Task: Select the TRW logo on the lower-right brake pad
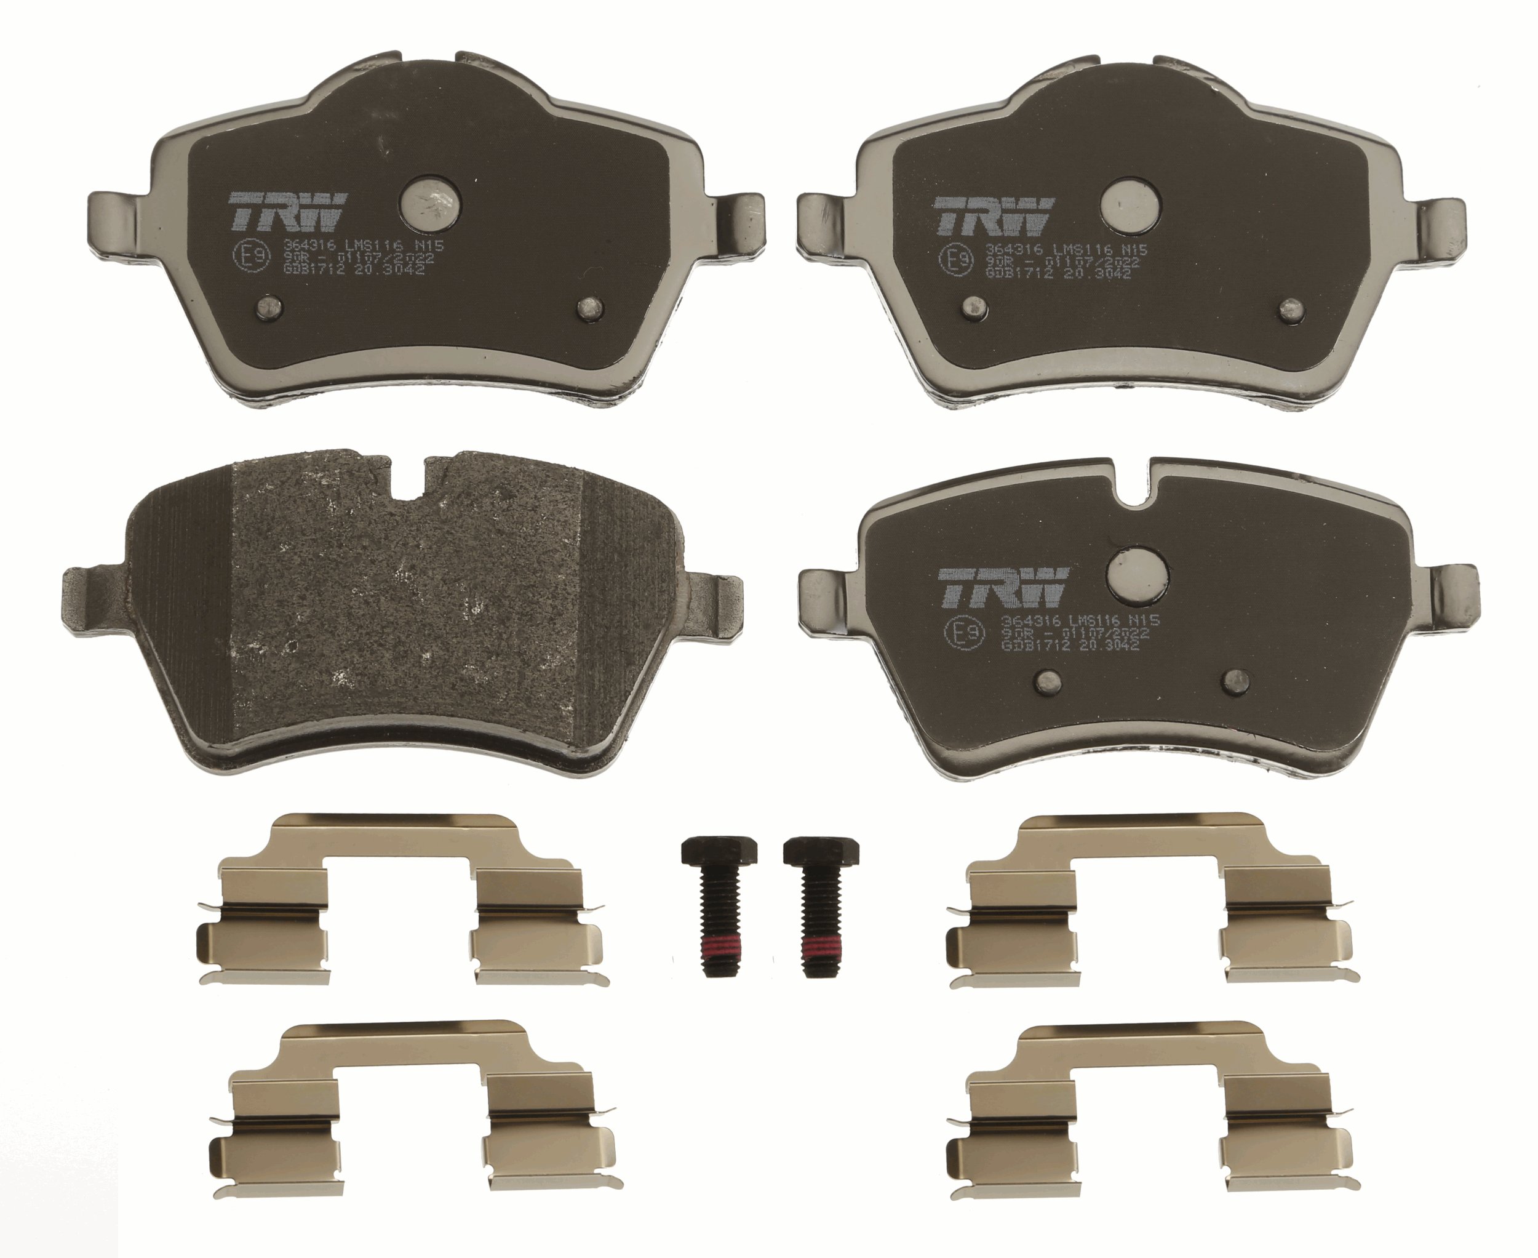click(x=1004, y=587)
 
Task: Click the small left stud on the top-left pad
click(x=269, y=309)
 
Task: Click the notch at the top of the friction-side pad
click(x=409, y=478)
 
